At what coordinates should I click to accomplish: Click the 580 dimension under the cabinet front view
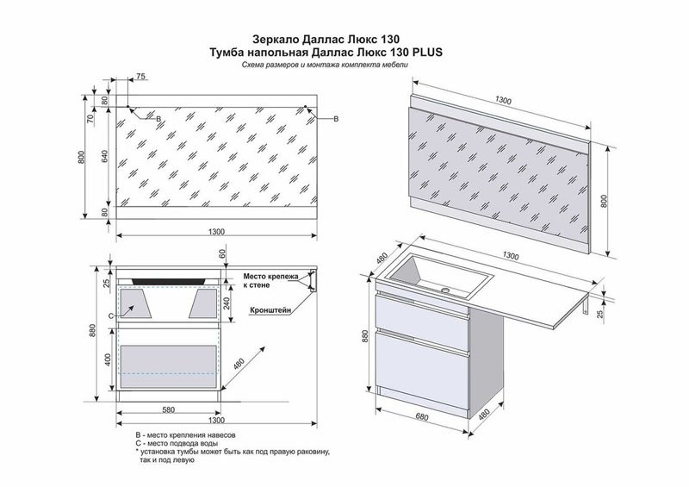[168, 409]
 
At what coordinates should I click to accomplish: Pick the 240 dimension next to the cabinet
[227, 303]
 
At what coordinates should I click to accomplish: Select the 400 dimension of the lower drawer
[106, 359]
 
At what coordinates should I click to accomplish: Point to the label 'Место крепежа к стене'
[270, 280]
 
